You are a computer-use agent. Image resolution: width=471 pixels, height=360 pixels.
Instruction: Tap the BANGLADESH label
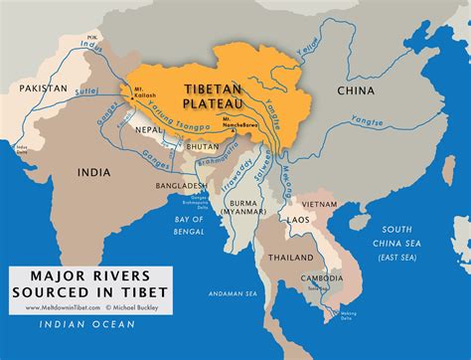[178, 186]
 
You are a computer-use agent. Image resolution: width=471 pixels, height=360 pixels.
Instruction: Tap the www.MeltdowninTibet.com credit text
[50, 307]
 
